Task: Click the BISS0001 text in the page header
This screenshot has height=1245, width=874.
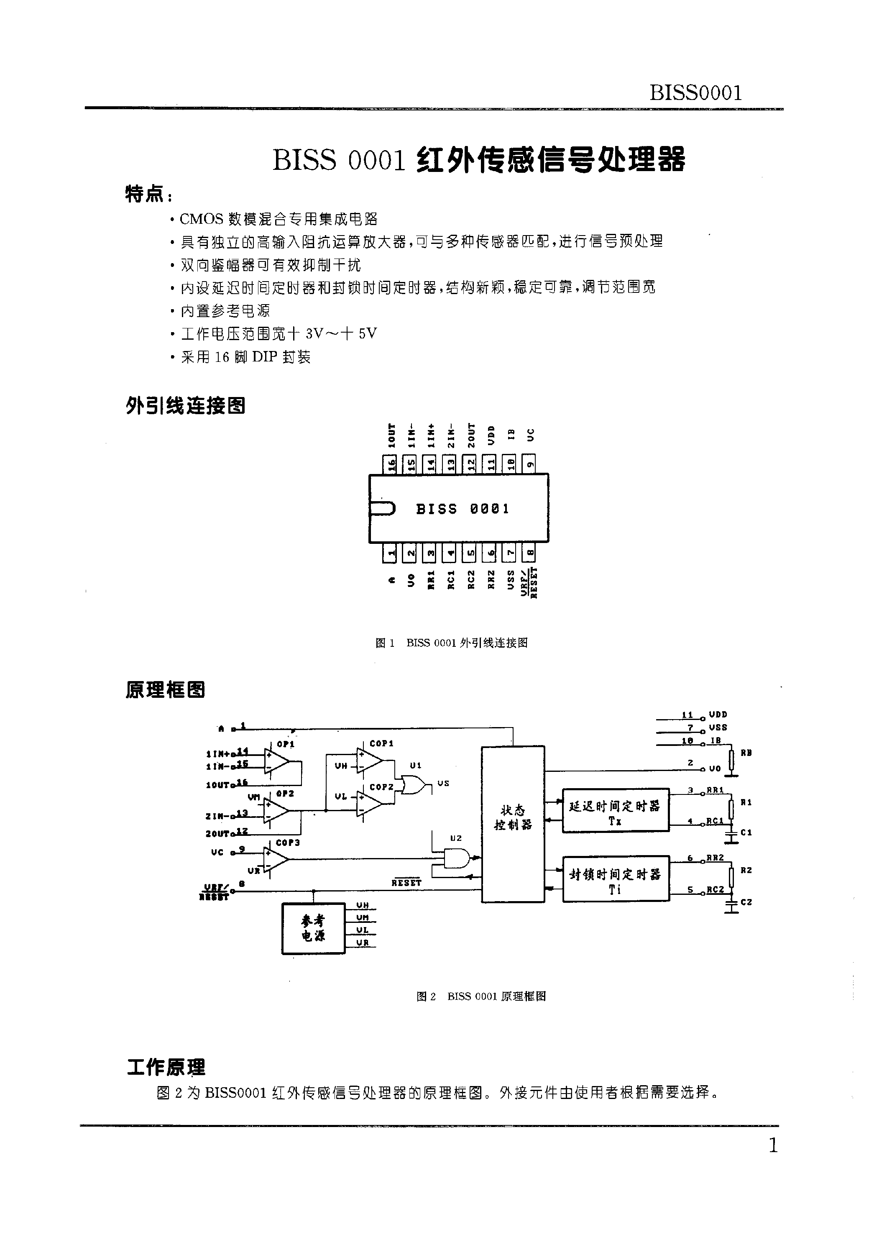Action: [x=695, y=93]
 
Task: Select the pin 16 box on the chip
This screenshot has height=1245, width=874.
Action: [x=390, y=464]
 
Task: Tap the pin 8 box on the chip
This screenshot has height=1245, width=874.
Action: [x=530, y=553]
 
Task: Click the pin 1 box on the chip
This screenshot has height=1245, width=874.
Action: [x=390, y=553]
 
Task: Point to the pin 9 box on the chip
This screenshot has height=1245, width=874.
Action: [x=530, y=464]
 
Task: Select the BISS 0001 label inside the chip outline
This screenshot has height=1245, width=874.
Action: [x=463, y=509]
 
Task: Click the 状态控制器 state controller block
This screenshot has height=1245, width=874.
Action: [x=512, y=824]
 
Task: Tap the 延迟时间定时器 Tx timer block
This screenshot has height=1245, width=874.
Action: [x=616, y=810]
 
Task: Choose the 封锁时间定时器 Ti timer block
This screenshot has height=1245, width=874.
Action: [x=616, y=879]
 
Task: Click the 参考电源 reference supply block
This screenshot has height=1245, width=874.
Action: [x=313, y=928]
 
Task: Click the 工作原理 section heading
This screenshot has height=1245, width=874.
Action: [x=166, y=1067]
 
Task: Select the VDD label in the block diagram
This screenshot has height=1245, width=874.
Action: [x=718, y=715]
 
